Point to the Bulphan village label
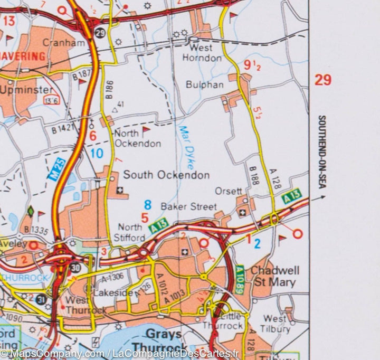[x=205, y=84]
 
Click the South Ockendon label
[x=166, y=175]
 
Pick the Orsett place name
[x=229, y=191]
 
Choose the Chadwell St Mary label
[x=274, y=276]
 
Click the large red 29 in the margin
[x=323, y=80]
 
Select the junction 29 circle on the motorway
[x=100, y=33]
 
